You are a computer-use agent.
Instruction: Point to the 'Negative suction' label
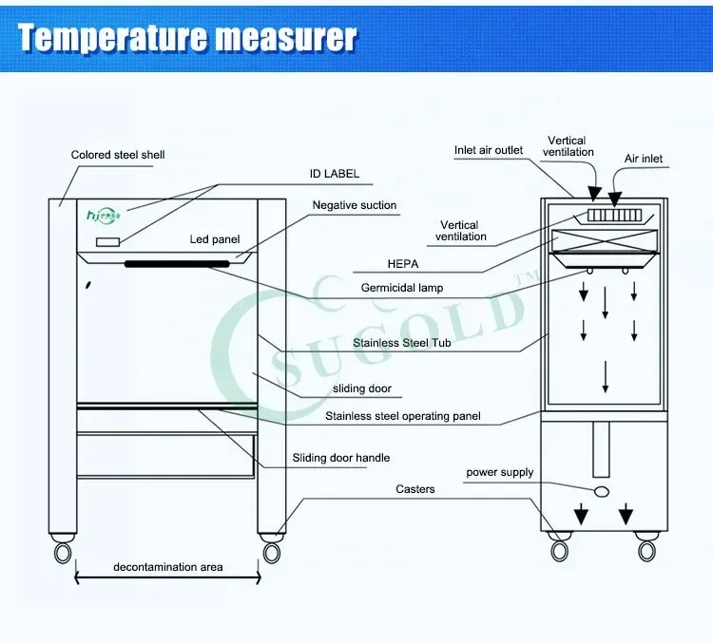pos(355,205)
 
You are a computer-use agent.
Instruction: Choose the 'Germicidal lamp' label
pos(402,288)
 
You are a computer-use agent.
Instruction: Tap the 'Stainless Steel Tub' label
pos(401,343)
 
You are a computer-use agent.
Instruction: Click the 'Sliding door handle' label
pos(341,459)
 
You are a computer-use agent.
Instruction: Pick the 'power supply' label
pos(500,472)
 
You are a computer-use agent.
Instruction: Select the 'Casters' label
pos(415,489)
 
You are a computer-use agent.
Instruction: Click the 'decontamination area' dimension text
pos(168,567)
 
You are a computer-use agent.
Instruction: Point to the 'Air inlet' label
pos(644,159)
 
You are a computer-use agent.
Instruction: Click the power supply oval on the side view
pos(601,490)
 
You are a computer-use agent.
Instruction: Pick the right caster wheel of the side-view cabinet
pos(646,550)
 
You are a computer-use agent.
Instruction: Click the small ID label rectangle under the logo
pos(107,242)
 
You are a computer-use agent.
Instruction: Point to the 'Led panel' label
pos(215,239)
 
